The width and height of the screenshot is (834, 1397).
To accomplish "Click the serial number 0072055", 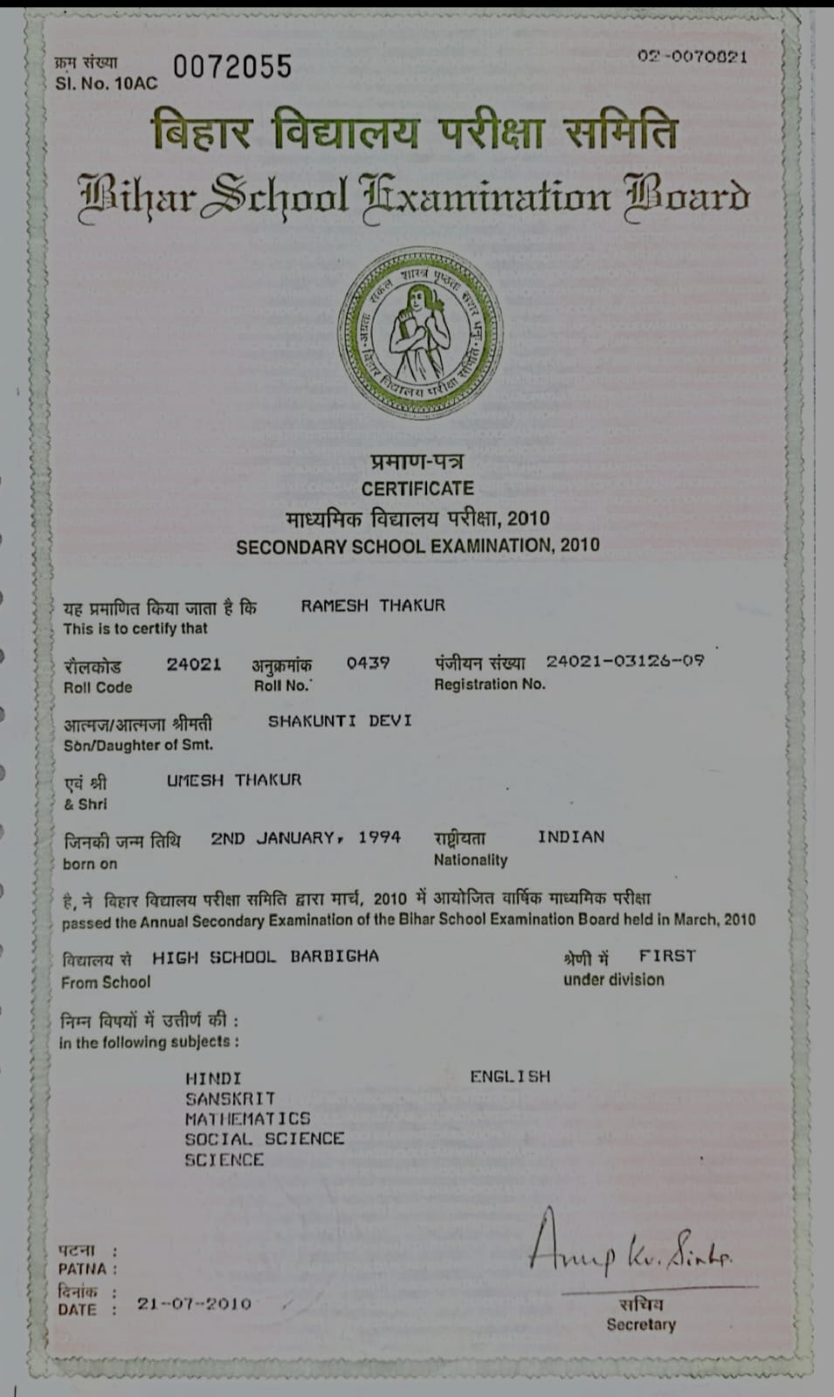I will pyautogui.click(x=232, y=67).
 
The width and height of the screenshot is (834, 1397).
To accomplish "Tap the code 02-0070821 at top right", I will pyautogui.click(x=692, y=57).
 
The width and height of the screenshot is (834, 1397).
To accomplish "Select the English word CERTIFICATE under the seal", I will pyautogui.click(x=417, y=489).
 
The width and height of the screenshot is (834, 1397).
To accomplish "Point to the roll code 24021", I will pyautogui.click(x=194, y=664).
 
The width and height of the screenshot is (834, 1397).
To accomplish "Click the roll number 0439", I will pyautogui.click(x=368, y=664).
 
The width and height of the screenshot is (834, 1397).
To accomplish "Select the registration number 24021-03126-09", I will pyautogui.click(x=625, y=661).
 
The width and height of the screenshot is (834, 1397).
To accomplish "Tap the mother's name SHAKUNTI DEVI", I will pyautogui.click(x=340, y=721).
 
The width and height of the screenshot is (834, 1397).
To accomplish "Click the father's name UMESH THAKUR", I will pyautogui.click(x=234, y=780).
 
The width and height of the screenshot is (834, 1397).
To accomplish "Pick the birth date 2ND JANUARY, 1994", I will pyautogui.click(x=306, y=837).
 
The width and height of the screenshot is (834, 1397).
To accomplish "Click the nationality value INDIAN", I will pyautogui.click(x=571, y=836).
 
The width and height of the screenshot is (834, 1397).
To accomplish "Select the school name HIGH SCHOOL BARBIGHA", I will pyautogui.click(x=265, y=957).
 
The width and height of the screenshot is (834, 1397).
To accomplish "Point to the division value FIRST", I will pyautogui.click(x=667, y=956).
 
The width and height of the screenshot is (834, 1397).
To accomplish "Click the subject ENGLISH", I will pyautogui.click(x=510, y=1077).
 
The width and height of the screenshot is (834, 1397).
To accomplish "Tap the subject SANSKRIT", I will pyautogui.click(x=230, y=1098).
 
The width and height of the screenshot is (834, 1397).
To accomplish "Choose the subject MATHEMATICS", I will pyautogui.click(x=247, y=1118).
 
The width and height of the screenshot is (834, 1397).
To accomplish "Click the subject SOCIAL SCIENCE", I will pyautogui.click(x=264, y=1139).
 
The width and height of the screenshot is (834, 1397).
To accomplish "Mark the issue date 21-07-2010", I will pyautogui.click(x=194, y=1304).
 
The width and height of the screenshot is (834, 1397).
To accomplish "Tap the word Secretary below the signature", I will pyautogui.click(x=641, y=1325).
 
